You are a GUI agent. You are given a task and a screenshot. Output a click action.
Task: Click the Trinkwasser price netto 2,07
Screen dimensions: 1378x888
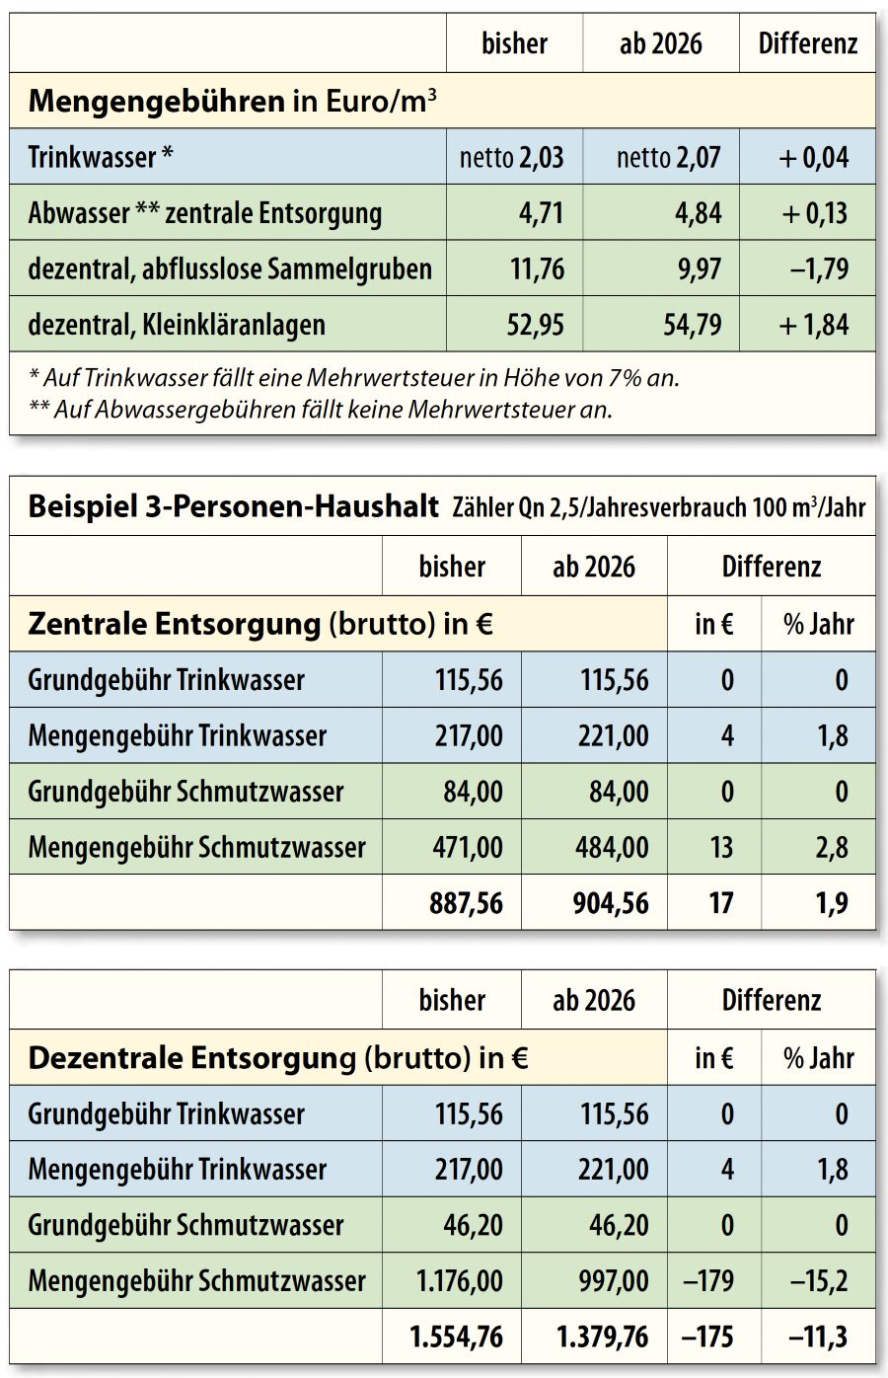pyautogui.click(x=668, y=157)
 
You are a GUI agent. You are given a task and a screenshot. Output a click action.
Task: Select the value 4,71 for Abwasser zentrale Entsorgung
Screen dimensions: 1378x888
pyautogui.click(x=538, y=213)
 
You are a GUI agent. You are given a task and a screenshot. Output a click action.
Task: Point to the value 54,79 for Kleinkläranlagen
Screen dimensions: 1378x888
pyautogui.click(x=693, y=325)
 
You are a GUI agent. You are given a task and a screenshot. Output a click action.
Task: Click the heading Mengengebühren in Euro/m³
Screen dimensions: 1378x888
pyautogui.click(x=232, y=101)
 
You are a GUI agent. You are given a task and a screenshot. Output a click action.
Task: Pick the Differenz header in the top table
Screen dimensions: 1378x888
pyautogui.click(x=807, y=43)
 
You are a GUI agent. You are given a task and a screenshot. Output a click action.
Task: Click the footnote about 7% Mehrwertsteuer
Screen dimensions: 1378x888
pyautogui.click(x=354, y=377)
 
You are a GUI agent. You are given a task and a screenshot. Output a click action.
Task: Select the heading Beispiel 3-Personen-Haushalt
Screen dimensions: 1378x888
pyautogui.click(x=233, y=507)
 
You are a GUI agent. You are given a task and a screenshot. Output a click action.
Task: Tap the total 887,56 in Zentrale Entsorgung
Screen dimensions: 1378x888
pyautogui.click(x=466, y=903)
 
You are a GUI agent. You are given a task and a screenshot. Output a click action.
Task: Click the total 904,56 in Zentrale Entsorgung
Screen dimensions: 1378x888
pyautogui.click(x=611, y=903)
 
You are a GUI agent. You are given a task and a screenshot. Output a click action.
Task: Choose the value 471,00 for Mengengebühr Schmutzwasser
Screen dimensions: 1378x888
pyautogui.click(x=469, y=847)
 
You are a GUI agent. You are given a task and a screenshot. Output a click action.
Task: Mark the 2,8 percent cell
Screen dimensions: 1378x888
pyautogui.click(x=832, y=847)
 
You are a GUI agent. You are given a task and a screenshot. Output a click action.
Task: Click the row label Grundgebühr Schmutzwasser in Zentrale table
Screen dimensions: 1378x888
pyautogui.click(x=185, y=792)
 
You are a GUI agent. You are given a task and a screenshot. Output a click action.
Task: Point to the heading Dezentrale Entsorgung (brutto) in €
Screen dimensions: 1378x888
pyautogui.click(x=278, y=1058)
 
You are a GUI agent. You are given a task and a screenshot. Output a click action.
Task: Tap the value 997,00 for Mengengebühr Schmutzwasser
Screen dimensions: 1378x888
pyautogui.click(x=614, y=1281)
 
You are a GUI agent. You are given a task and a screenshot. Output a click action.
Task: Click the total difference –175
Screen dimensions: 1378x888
pyautogui.click(x=707, y=1338)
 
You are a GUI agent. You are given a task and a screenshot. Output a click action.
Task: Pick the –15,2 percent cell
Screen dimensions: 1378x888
pyautogui.click(x=819, y=1281)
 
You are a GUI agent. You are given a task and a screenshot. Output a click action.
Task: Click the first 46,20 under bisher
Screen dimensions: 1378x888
pyautogui.click(x=473, y=1225)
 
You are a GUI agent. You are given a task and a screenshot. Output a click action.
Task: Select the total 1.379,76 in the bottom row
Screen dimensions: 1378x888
pyautogui.click(x=602, y=1338)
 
